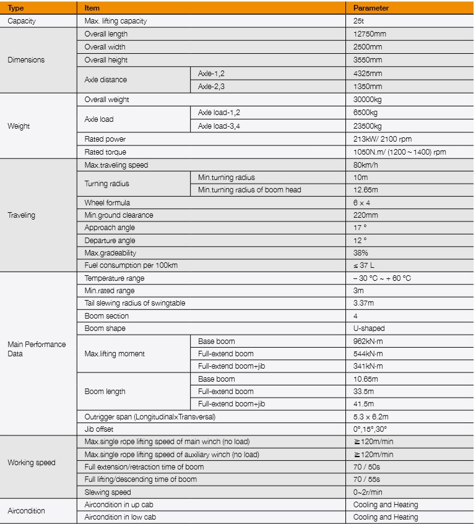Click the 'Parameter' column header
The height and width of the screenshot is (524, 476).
[371, 8]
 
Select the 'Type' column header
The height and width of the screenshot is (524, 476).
[15, 8]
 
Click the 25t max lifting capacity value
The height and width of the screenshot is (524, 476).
[358, 21]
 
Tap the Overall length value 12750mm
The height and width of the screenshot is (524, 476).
[368, 34]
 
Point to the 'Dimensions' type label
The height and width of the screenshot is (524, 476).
[26, 60]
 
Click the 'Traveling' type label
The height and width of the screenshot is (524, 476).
[22, 215]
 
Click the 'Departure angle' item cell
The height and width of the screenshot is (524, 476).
[110, 241]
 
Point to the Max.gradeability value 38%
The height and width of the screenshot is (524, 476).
[360, 253]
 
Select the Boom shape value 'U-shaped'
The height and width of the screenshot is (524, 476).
[368, 329]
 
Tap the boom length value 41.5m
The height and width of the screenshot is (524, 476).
[363, 404]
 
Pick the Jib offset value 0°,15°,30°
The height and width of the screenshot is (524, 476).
[370, 429]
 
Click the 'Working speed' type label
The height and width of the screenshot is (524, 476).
[31, 463]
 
